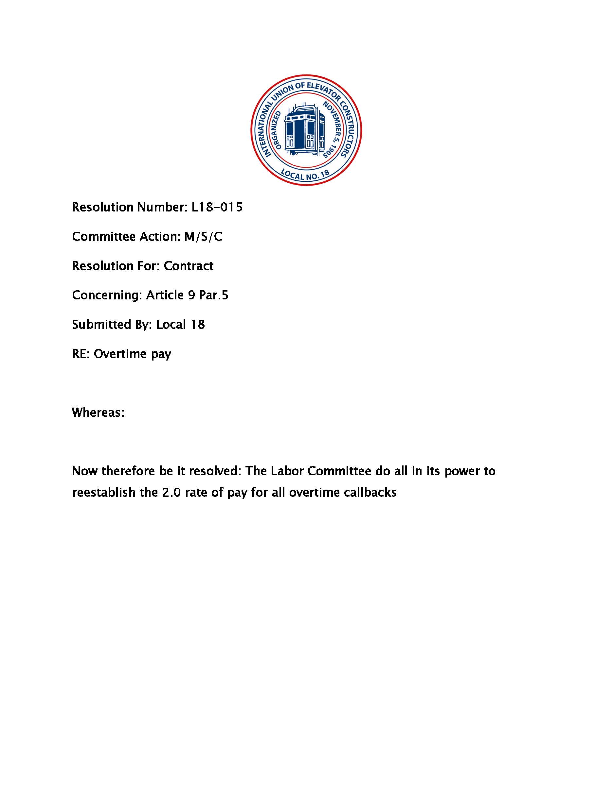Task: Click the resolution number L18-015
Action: pyautogui.click(x=217, y=207)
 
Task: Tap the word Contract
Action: pyautogui.click(x=189, y=266)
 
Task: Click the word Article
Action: pyautogui.click(x=165, y=295)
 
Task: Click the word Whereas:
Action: pyautogui.click(x=98, y=412)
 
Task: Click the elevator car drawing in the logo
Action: pyautogui.click(x=304, y=130)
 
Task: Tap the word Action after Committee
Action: pyautogui.click(x=159, y=237)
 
